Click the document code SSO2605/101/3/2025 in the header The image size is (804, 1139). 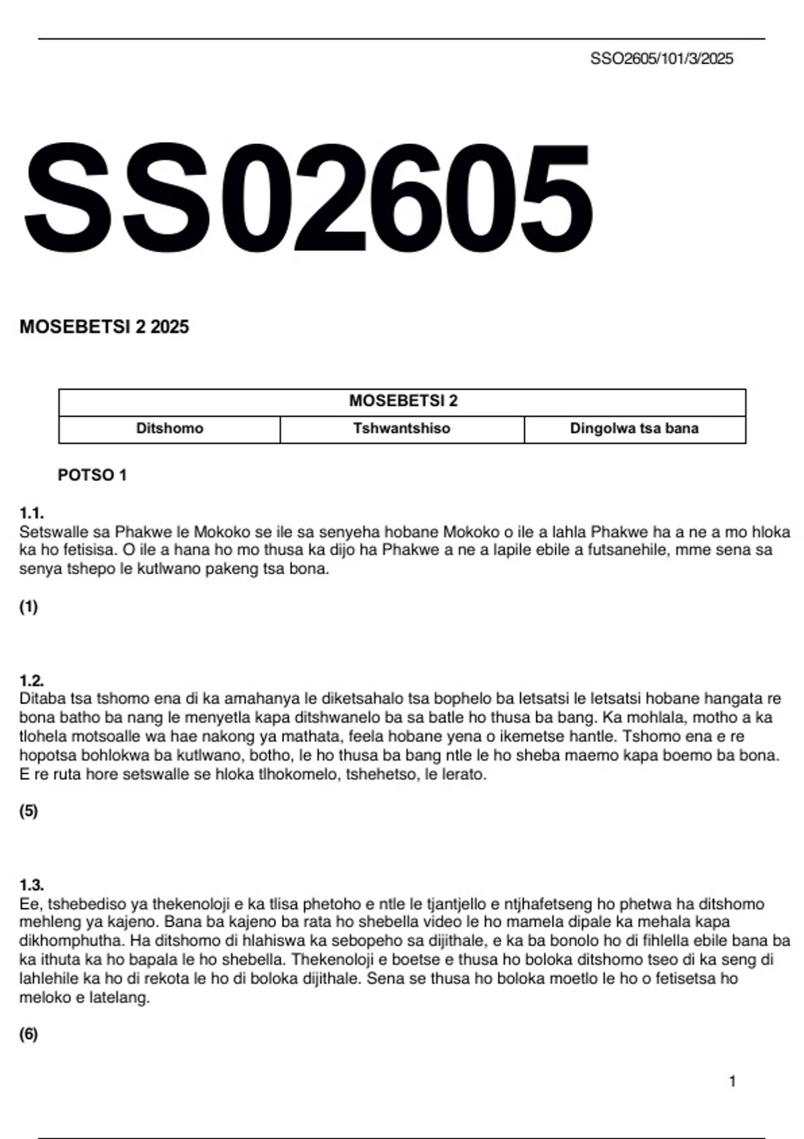661,59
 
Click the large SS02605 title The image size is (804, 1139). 308,198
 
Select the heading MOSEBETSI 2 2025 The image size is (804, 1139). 105,327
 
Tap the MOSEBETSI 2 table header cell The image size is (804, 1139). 403,401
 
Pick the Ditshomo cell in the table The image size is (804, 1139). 170,429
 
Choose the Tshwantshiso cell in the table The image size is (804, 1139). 402,429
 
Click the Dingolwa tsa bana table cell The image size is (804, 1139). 634,429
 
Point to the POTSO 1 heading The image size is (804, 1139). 92,475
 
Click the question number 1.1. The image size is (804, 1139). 31,514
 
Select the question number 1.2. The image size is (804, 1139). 31,681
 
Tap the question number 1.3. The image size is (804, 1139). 31,884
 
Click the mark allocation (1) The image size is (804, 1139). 29,607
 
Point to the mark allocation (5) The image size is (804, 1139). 29,811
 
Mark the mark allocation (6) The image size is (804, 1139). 29,1034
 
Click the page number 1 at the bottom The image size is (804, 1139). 732,1081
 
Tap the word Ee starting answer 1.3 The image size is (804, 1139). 28,904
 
